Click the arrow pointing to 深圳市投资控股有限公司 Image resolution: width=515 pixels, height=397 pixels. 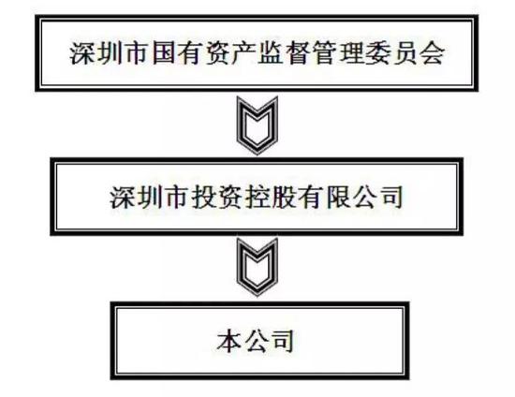tap(257, 125)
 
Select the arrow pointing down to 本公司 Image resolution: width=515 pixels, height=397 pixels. tap(257, 267)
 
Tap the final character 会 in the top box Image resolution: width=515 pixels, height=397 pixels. tap(433, 53)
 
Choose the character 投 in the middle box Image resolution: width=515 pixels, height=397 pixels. tap(203, 197)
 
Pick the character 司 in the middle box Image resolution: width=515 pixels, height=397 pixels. tap(391, 197)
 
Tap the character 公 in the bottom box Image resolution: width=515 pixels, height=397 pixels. tap(257, 341)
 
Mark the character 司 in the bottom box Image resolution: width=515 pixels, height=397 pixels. tap(284, 341)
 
